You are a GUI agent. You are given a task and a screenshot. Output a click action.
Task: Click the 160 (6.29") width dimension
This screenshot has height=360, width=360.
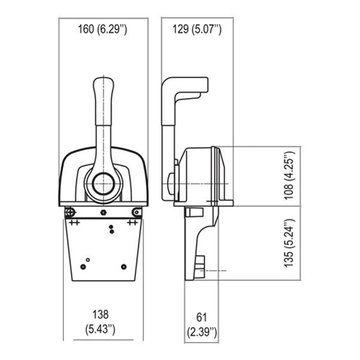(x=103, y=29)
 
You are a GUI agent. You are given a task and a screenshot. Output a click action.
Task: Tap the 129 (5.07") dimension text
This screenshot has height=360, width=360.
(x=197, y=29)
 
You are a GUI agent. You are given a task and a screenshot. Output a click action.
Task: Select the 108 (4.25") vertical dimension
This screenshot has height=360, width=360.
(x=289, y=176)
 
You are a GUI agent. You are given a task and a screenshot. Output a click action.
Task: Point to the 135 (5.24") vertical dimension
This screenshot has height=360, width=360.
(x=289, y=243)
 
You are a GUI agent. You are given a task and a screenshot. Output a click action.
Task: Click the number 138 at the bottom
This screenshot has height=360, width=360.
(x=100, y=314)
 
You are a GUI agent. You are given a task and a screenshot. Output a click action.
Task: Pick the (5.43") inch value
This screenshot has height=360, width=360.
(x=100, y=329)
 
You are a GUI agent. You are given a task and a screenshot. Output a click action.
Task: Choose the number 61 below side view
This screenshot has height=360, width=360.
(x=202, y=317)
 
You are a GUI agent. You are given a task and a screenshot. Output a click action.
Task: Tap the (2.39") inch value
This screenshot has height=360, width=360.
(x=202, y=332)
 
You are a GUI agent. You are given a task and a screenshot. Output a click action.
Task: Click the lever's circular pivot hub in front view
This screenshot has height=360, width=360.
(x=103, y=184)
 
